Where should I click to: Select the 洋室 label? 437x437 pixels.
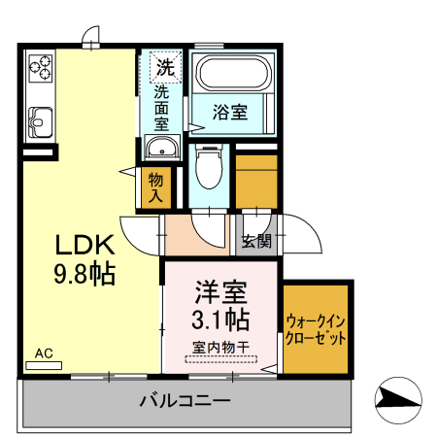tap(221, 290)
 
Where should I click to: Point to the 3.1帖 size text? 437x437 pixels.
tap(221, 319)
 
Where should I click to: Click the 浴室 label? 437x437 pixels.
tap(230, 113)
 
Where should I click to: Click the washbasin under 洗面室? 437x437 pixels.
tap(162, 148)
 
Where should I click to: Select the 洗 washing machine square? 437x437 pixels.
tap(165, 68)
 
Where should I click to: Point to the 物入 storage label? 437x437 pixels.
tap(156, 185)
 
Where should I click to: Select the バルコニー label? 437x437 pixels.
tap(184, 400)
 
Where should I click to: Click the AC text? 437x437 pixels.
tap(44, 353)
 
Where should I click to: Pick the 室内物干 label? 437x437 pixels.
tap(221, 345)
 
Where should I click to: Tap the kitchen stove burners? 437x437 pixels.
tap(40, 67)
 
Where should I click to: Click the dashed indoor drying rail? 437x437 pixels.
tap(221, 357)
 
